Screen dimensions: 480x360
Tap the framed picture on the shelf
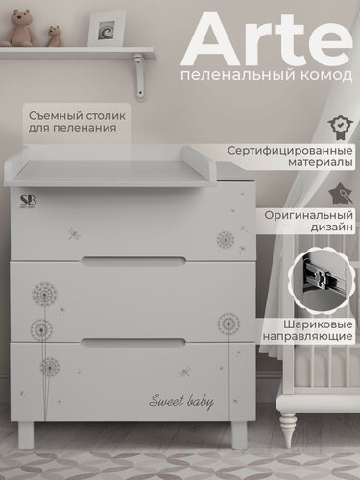click(x=107, y=30)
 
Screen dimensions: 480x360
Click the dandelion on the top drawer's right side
click(x=227, y=238)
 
